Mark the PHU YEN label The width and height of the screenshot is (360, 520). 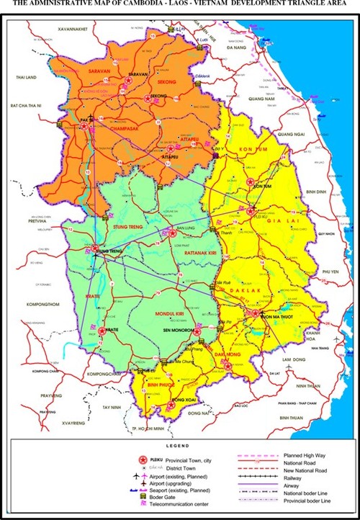(330, 271)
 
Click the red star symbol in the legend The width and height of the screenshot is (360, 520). (142, 459)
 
